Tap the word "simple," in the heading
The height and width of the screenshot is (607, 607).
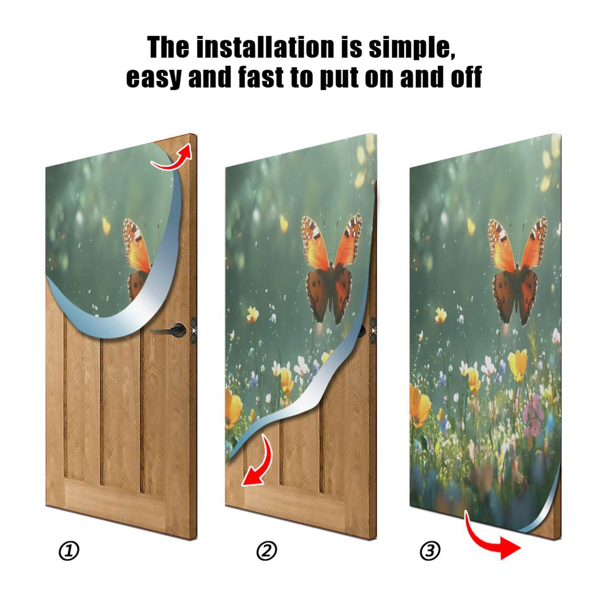click(x=412, y=47)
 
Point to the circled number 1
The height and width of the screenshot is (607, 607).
click(x=69, y=551)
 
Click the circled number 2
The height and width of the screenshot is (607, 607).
click(x=267, y=551)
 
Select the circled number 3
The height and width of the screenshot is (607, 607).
click(x=430, y=551)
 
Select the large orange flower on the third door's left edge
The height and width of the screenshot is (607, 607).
click(x=419, y=406)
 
